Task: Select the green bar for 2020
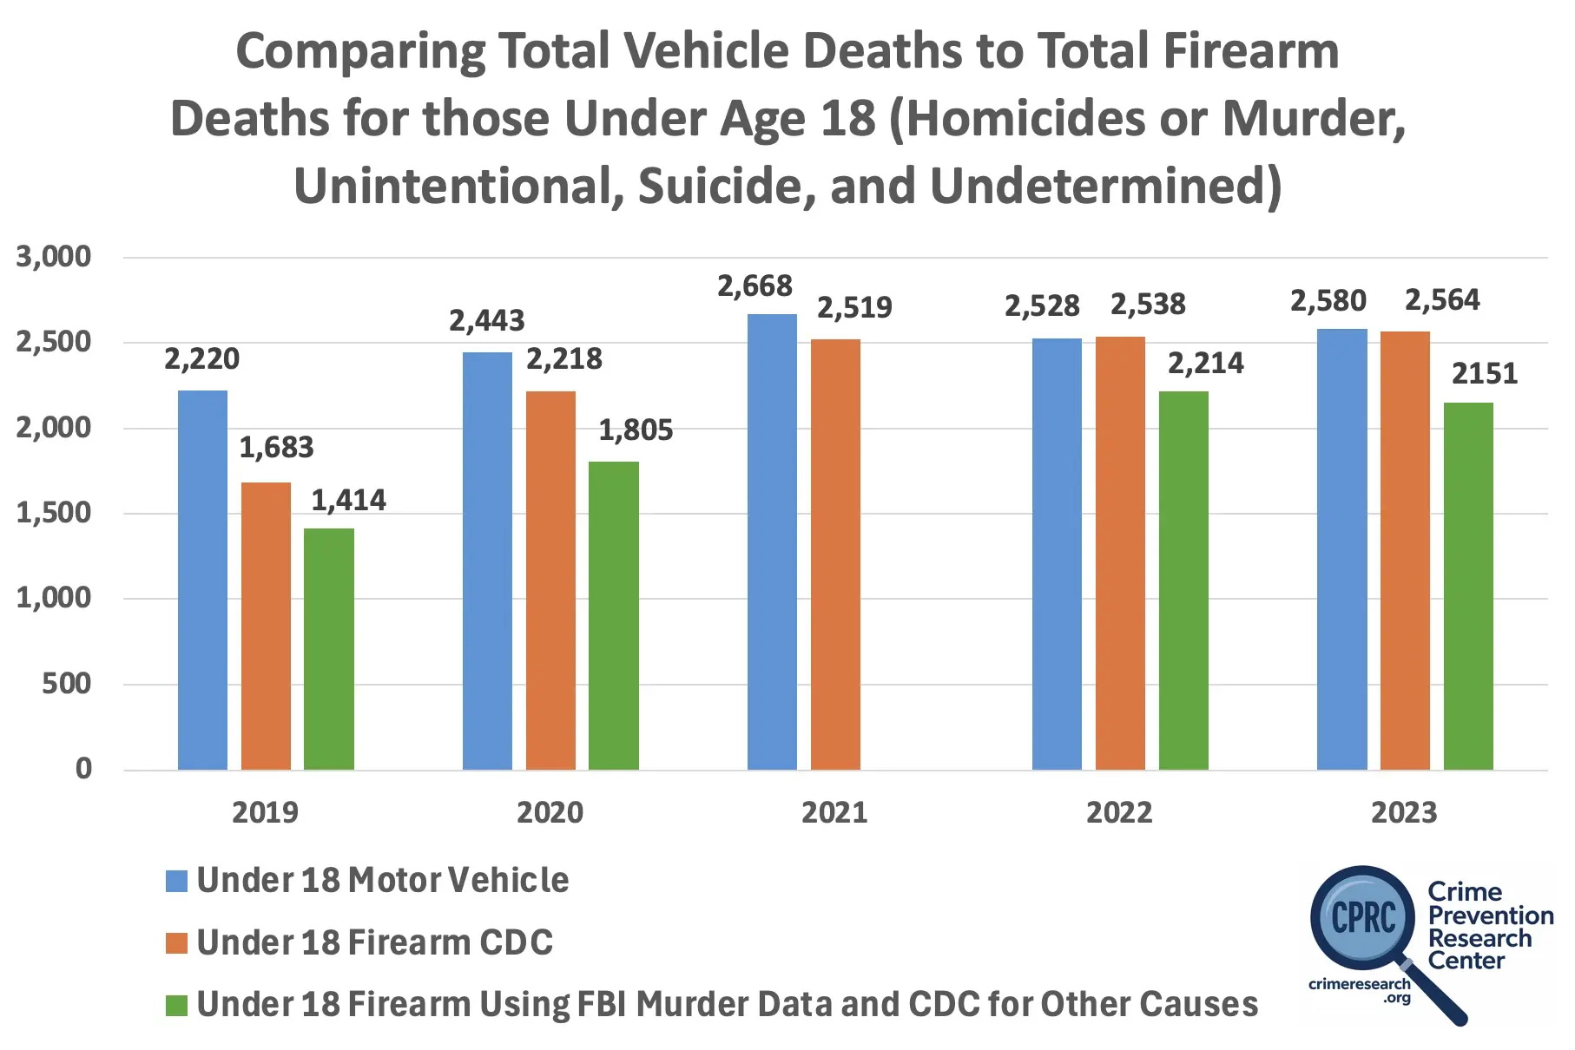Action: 613,615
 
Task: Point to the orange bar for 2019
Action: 266,626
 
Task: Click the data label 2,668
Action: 755,286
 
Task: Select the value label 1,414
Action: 348,501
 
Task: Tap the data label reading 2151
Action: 1485,374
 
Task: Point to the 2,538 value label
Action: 1148,305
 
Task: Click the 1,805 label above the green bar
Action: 636,430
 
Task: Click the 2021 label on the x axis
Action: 834,813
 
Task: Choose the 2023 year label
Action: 1404,813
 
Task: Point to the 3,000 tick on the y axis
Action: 54,257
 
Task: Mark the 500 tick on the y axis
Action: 66,684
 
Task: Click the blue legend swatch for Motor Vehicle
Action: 176,882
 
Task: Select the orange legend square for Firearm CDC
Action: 176,943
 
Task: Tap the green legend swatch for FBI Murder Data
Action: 176,1006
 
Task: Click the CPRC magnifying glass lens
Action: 1363,917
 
